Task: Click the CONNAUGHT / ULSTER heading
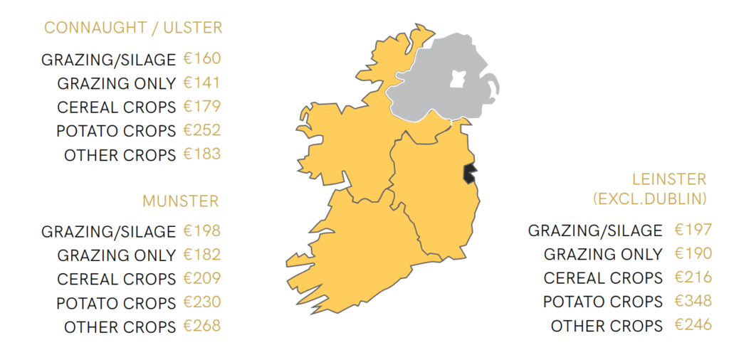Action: [133, 28]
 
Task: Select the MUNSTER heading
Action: [181, 201]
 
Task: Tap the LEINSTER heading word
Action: [669, 179]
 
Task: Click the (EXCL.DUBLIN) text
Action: [650, 198]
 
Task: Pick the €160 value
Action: [202, 58]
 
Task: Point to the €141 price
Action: [202, 83]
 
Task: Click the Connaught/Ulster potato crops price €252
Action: [202, 130]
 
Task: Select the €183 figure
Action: [202, 154]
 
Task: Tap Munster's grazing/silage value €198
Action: [202, 231]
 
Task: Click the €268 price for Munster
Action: [202, 326]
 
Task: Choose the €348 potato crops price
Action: [693, 301]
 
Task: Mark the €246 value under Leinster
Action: [693, 325]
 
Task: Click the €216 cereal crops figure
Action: [693, 277]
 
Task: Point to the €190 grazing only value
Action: [693, 253]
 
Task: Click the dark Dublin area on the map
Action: [471, 173]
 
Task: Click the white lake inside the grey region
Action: [457, 78]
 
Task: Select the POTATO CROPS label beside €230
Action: [116, 303]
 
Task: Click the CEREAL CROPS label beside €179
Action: [116, 107]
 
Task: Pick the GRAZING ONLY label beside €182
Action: [116, 255]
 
